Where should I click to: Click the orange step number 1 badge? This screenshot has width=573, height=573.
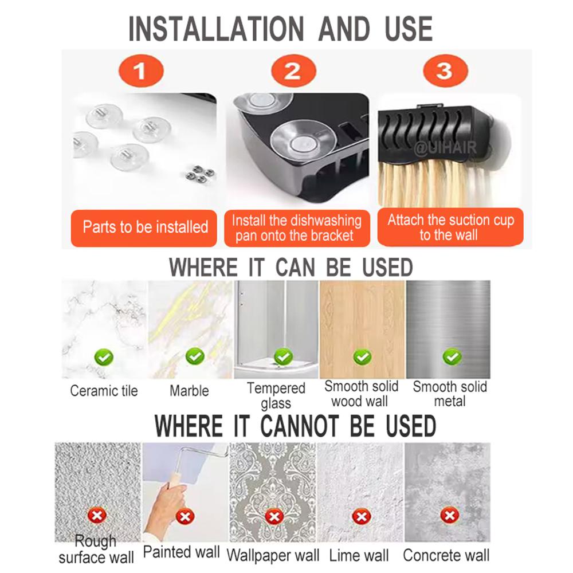point(141,70)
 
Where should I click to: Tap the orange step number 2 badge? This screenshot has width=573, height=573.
point(293,70)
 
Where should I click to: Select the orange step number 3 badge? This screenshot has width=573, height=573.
point(445,70)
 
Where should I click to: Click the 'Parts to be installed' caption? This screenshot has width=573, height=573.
point(145,227)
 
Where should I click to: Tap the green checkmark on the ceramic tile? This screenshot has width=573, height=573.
point(104,357)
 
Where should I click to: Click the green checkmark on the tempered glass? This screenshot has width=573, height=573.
point(284,356)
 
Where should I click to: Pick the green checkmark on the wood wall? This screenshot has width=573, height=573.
point(363,357)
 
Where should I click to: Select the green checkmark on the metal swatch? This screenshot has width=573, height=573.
point(452,356)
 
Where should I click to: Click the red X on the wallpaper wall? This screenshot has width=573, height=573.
point(274,516)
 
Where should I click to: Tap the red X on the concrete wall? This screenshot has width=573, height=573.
point(449,516)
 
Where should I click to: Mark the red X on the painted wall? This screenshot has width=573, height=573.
point(185,516)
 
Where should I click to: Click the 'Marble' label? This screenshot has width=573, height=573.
point(189,391)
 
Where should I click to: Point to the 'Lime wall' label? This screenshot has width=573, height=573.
point(359,555)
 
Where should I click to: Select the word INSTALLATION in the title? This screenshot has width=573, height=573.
point(216,29)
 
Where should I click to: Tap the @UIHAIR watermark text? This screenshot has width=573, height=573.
point(445,148)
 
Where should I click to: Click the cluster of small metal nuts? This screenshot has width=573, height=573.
point(200,174)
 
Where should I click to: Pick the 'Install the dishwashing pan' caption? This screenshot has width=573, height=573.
point(296,228)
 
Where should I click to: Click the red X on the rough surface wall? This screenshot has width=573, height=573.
point(97,516)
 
